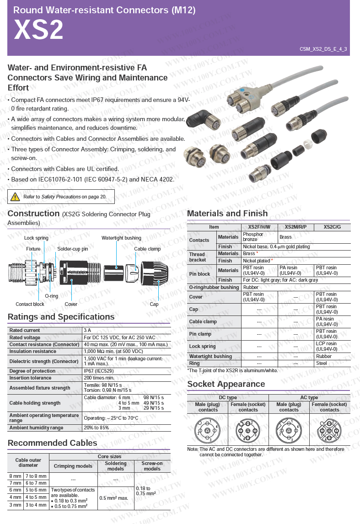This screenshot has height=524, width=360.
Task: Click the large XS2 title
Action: point(38,30)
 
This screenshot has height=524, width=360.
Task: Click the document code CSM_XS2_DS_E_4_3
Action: point(323,49)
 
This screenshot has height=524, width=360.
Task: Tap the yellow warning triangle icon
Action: point(16,197)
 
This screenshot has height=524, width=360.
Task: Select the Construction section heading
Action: point(33,214)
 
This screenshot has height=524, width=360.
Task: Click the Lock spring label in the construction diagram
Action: point(36,238)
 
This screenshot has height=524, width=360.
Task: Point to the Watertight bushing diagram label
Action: point(121,238)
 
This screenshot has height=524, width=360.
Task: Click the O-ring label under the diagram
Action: point(51,296)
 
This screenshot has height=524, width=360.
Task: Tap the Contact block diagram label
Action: point(30,304)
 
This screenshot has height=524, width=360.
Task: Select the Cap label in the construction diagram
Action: point(154,304)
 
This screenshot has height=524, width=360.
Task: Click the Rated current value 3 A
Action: point(87,330)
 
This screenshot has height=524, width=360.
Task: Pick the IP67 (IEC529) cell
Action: point(98,371)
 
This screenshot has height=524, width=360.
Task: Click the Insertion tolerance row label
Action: point(30,378)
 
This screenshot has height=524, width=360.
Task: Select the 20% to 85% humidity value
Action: point(96,428)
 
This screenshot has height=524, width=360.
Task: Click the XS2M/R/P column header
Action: point(296,227)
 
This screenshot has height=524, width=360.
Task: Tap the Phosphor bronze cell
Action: point(253,237)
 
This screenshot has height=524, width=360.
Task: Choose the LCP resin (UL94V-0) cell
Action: point(327,346)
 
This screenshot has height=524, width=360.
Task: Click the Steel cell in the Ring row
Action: point(322,363)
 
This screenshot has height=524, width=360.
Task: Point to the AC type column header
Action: point(309,398)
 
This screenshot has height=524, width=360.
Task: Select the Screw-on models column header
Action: point(152,466)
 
